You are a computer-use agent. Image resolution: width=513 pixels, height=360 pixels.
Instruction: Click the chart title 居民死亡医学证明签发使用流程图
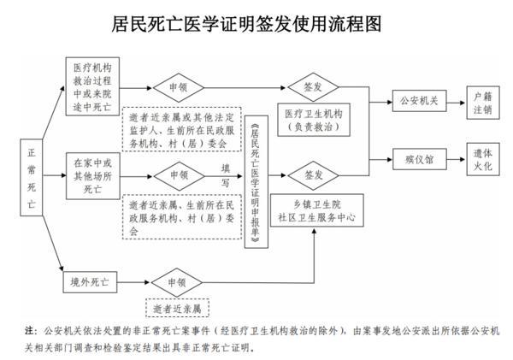256,23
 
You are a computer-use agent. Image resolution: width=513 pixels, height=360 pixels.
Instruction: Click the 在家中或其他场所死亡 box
94,175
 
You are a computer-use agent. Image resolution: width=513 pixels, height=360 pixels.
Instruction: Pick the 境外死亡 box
94,281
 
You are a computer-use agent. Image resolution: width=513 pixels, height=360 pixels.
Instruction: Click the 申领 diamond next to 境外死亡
176,281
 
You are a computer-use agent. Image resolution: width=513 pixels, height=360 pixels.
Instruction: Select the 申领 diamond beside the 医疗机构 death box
176,86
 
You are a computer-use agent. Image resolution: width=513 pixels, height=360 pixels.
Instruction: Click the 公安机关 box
416,99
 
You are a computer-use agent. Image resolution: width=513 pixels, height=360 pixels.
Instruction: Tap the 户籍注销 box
481,99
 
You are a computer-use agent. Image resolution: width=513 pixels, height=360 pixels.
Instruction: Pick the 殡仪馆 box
416,158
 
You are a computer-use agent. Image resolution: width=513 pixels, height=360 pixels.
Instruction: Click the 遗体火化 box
481,158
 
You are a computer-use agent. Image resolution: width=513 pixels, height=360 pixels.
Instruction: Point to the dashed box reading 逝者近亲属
177,307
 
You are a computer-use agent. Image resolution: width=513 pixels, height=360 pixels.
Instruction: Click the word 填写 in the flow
225,174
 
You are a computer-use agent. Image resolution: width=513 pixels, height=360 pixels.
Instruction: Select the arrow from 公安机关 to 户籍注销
451,99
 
